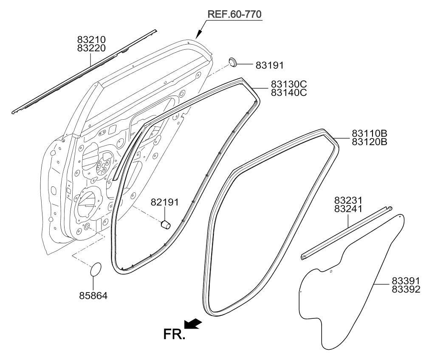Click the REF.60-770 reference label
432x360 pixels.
[x=234, y=14]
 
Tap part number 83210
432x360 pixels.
[x=91, y=39]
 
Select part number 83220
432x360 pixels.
[x=91, y=48]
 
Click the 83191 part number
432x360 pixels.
[x=269, y=65]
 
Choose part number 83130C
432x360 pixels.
[x=289, y=84]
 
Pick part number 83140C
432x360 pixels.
[x=289, y=93]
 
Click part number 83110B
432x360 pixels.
[x=370, y=134]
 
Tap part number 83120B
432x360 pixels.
[x=370, y=142]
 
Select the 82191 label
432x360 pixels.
[x=164, y=202]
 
